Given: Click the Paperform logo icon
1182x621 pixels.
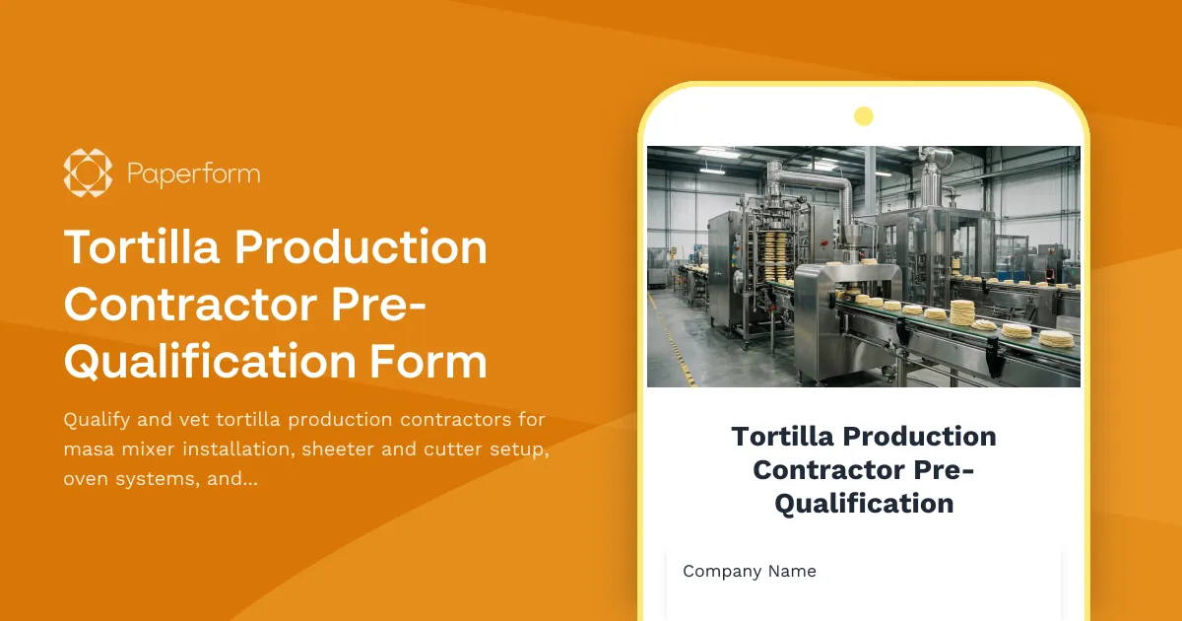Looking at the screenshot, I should pos(88,173).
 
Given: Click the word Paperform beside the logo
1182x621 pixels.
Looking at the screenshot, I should pos(193,174).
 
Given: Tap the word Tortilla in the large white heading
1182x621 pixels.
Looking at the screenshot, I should pos(141,247).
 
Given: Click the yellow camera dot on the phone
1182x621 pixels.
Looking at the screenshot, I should pos(863,116).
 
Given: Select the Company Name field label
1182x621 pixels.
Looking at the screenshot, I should pos(750,571).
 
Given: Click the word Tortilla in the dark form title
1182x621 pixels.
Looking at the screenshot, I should pos(783,436).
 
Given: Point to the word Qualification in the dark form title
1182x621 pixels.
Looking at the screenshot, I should pos(863,503).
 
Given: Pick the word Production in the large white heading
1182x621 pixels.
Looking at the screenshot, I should pos(361,247).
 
